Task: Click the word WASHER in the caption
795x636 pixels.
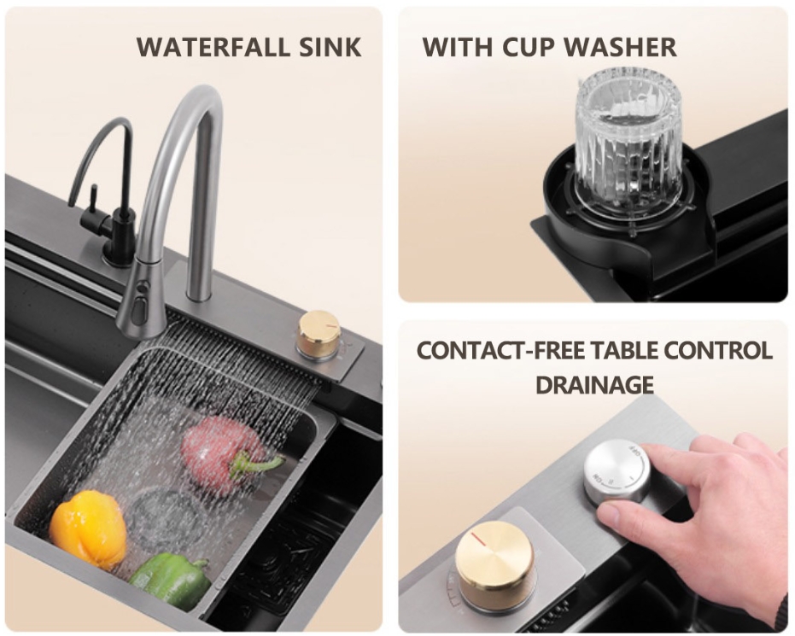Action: [620, 47]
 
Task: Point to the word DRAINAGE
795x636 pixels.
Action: [594, 384]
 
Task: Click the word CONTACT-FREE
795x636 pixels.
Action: [507, 351]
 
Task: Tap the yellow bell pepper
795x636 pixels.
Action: [89, 528]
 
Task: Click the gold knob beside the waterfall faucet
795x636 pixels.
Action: [319, 334]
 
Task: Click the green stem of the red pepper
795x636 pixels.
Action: [254, 464]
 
